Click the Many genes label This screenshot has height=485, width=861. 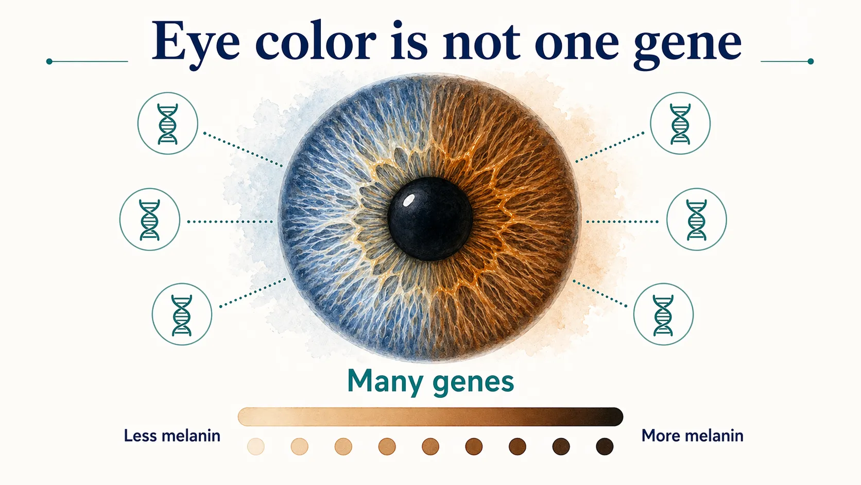click(430, 381)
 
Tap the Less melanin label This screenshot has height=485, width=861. click(172, 436)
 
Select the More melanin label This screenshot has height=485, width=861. click(692, 436)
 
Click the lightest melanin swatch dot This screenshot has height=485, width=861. click(256, 446)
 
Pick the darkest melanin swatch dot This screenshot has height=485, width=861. click(605, 446)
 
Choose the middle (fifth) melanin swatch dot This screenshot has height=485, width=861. click(430, 446)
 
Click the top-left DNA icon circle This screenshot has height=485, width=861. click(168, 124)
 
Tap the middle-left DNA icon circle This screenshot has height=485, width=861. click(150, 220)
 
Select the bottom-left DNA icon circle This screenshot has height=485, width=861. click(182, 314)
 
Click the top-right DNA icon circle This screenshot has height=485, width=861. click(680, 124)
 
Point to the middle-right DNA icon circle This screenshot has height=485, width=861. click(696, 220)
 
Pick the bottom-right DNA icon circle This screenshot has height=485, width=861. click(663, 314)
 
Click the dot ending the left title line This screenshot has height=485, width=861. click(49, 61)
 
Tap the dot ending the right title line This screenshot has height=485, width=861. click(811, 61)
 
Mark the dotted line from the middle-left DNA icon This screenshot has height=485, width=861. click(230, 222)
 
